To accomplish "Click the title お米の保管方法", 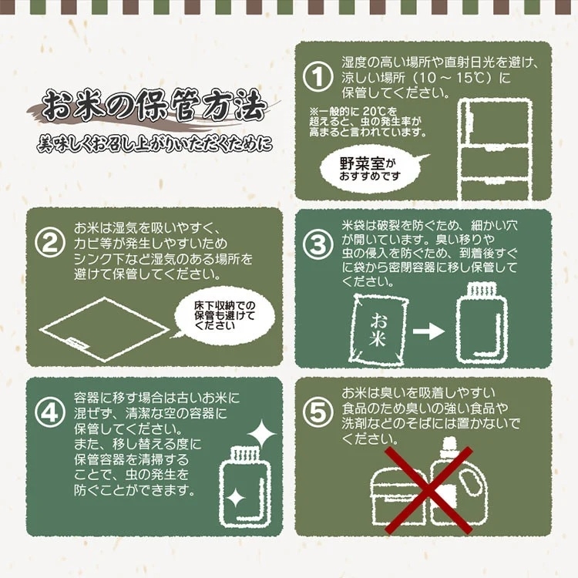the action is pyautogui.click(x=153, y=106).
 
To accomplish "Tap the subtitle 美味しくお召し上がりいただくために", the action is pyautogui.click(x=155, y=144).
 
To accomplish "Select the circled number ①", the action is pyautogui.click(x=318, y=76).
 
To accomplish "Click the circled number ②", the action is pyautogui.click(x=50, y=242).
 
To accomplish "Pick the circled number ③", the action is pyautogui.click(x=318, y=244).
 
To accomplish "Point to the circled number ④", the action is pyautogui.click(x=50, y=412).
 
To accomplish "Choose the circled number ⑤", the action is pyautogui.click(x=318, y=412).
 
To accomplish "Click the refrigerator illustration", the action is pyautogui.click(x=495, y=150).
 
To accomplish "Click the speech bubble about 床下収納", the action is pyautogui.click(x=223, y=315).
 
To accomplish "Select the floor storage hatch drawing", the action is pyautogui.click(x=105, y=329).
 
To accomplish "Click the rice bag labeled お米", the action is pyautogui.click(x=378, y=329).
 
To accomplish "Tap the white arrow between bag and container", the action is pyautogui.click(x=428, y=331).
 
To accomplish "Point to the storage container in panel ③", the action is pyautogui.click(x=482, y=323).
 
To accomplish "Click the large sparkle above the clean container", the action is pyautogui.click(x=261, y=434).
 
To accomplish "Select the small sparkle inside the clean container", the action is pyautogui.click(x=235, y=499).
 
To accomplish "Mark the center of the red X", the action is pyautogui.click(x=428, y=490).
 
